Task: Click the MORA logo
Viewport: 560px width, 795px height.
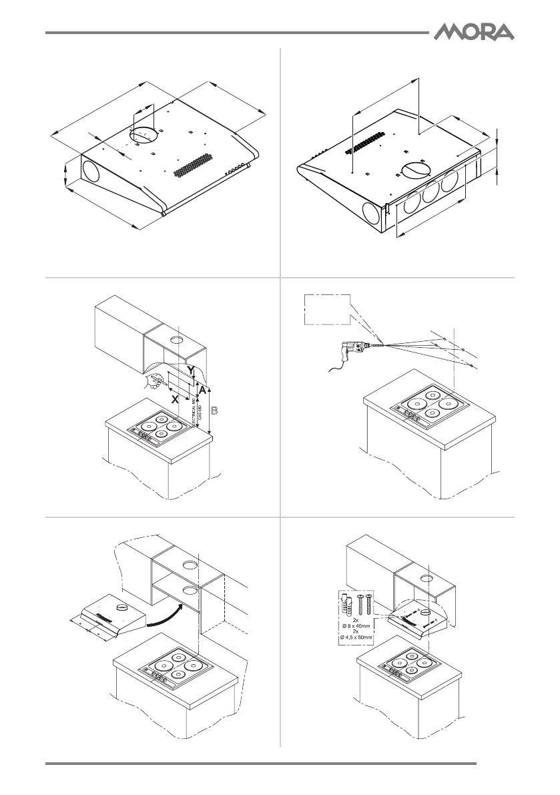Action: [x=475, y=31]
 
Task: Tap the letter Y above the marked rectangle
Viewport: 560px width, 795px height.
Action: [x=192, y=369]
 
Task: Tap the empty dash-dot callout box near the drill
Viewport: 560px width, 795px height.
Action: [x=327, y=309]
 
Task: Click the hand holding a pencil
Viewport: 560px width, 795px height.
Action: [x=152, y=381]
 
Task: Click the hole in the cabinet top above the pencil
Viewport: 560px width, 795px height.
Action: [x=178, y=341]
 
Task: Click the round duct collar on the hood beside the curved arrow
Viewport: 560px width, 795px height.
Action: [x=121, y=607]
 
